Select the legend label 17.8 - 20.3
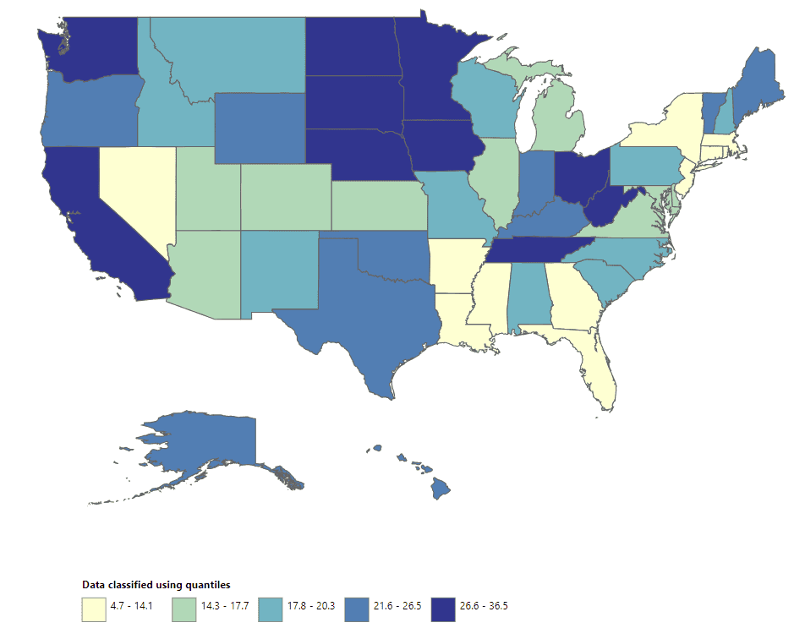coord(310,606)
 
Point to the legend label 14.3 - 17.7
coord(222,606)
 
